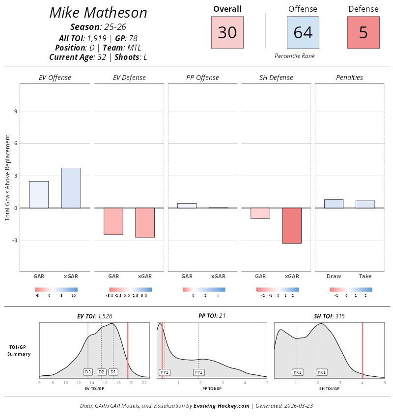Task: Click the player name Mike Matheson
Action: coord(98,13)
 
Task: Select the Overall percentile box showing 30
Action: coord(227,32)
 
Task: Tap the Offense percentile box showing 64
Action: coord(303,32)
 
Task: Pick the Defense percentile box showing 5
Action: coord(363,32)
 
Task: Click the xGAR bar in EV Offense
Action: coord(71,188)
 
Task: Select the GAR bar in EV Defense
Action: coord(113,221)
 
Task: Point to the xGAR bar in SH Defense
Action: coord(292,226)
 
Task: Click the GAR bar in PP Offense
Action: coord(187,206)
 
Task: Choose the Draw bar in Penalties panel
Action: coord(334,204)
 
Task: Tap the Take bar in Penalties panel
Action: coord(365,204)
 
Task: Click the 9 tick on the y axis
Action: coord(16,111)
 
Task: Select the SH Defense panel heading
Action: coord(276,78)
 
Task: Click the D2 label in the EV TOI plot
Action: coord(101,372)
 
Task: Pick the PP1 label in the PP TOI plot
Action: coord(198,372)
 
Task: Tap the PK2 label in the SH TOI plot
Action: coord(298,372)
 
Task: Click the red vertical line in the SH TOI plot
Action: coord(363,349)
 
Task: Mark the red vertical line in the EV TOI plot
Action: coord(128,349)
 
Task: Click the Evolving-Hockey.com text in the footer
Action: coord(222,406)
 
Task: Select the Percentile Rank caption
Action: coord(295,56)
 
